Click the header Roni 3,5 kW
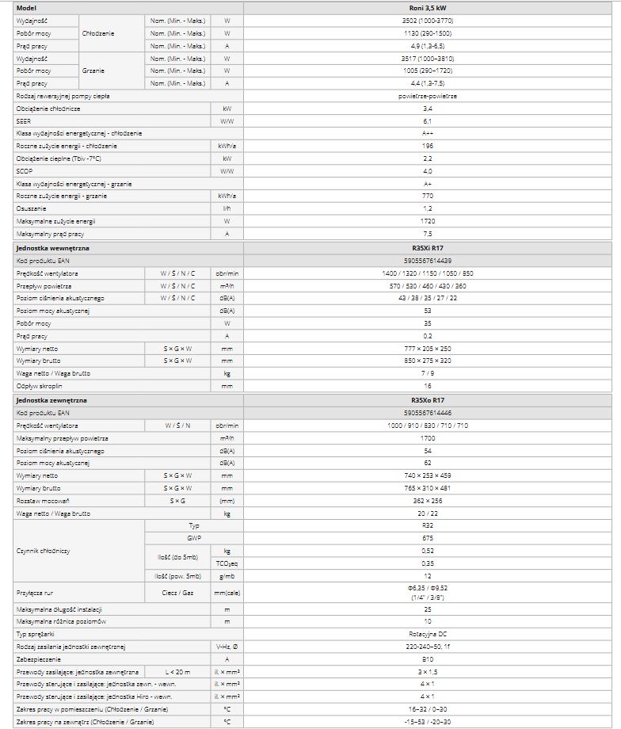pyautogui.click(x=428, y=7)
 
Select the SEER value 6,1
pyautogui.click(x=428, y=120)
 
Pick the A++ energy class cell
pyautogui.click(x=428, y=133)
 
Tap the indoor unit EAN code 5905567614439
pyautogui.click(x=428, y=260)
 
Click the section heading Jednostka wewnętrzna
pyautogui.click(x=52, y=247)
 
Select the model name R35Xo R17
pyautogui.click(x=428, y=400)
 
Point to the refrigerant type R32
pyautogui.click(x=428, y=525)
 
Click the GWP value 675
pyautogui.click(x=428, y=537)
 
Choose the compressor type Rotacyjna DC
pyautogui.click(x=428, y=634)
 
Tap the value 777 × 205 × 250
pyautogui.click(x=428, y=348)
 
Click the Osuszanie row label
pyautogui.click(x=29, y=208)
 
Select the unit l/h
pyautogui.click(x=227, y=208)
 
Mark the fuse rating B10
pyautogui.click(x=428, y=658)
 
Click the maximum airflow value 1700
pyautogui.click(x=428, y=438)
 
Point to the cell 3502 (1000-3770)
pyautogui.click(x=428, y=20)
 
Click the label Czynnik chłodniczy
pyautogui.click(x=42, y=550)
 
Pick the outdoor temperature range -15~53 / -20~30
pyautogui.click(x=428, y=722)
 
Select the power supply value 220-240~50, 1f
pyautogui.click(x=428, y=647)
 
